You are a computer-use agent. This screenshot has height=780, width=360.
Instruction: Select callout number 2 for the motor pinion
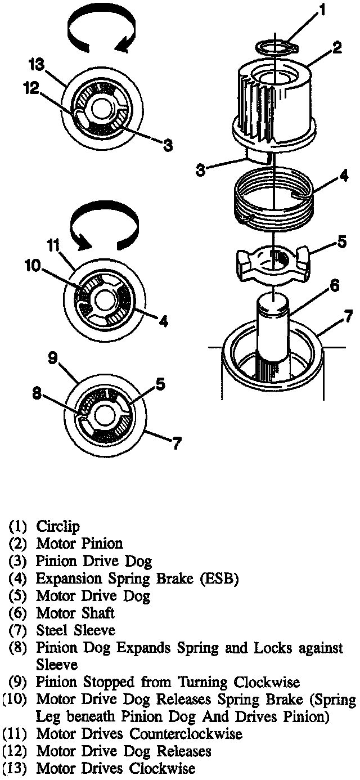pos(336,47)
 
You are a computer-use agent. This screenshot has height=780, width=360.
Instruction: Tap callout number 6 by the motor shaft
pos(335,286)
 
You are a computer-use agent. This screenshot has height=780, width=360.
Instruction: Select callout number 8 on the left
pos(36,395)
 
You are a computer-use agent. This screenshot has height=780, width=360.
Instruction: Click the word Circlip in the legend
pos(58,527)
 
